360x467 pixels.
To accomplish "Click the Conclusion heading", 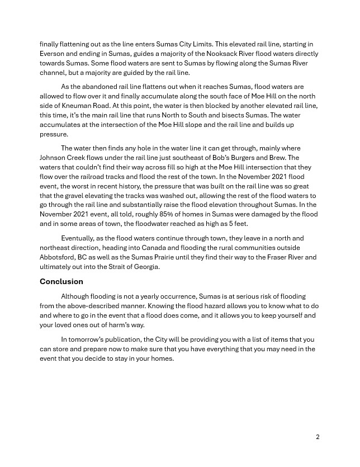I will pyautogui.click(x=61, y=281).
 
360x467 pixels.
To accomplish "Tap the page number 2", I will pyautogui.click(x=318, y=437).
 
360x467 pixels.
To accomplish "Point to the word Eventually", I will pyautogui.click(x=80, y=238).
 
